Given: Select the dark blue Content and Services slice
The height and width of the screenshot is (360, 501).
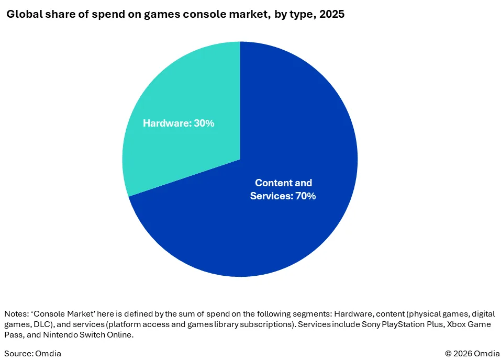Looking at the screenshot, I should point(262,235).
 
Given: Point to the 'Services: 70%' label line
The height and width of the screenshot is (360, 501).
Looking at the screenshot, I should point(283,196).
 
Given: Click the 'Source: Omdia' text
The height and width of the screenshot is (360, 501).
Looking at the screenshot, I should point(32,353).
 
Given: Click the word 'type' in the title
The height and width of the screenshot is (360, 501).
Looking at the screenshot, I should point(294,14).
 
